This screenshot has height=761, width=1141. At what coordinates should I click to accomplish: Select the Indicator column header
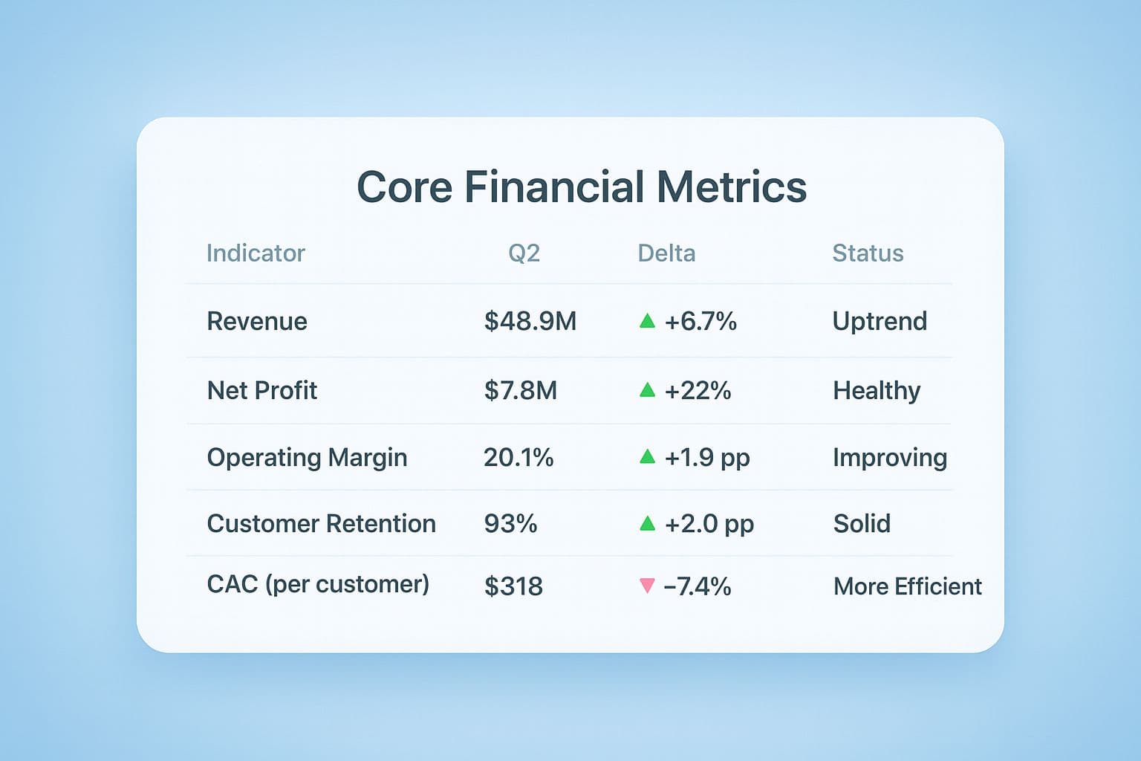256,253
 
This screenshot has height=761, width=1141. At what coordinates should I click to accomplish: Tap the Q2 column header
524,253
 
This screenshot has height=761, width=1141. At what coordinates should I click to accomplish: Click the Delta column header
666,253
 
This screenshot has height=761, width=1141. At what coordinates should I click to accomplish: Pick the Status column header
868,253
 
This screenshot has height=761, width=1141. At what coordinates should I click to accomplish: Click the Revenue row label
257,321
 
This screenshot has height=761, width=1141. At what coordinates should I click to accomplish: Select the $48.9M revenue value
530,321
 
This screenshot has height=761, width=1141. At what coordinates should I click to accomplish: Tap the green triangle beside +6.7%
647,321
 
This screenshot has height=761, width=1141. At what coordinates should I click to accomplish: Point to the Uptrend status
880,321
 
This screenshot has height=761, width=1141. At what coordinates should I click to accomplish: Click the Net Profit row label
262,390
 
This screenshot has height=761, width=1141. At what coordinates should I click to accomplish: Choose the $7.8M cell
520,390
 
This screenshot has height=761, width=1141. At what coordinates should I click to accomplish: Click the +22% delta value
698,390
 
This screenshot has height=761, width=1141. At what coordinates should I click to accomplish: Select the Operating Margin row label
307,457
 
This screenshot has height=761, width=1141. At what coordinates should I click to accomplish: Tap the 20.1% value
519,457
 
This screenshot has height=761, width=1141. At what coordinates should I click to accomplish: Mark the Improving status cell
889,457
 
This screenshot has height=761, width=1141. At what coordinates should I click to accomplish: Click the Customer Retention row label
321,523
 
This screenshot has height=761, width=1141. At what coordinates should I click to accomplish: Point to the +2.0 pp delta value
709,523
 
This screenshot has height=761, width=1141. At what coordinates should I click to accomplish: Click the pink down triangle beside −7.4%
647,586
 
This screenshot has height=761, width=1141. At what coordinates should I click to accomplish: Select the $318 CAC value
513,586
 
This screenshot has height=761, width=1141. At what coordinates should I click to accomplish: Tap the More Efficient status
907,586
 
